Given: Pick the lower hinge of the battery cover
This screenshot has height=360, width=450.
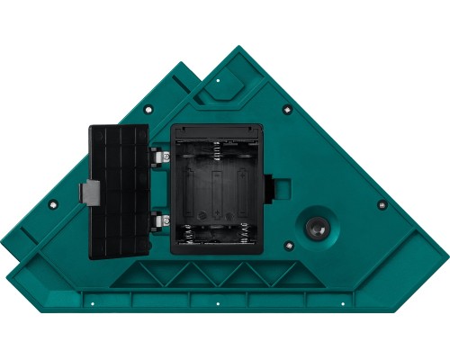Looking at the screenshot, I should pos(160,218).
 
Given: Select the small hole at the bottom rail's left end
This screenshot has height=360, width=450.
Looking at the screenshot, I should pos(92,301).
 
